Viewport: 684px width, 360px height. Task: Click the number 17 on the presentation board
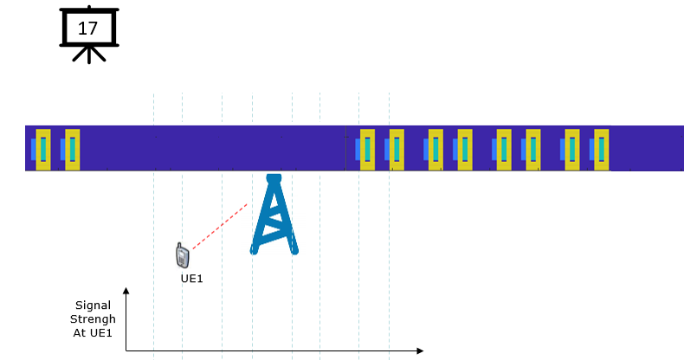87,29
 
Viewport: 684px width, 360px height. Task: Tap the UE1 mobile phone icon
183,255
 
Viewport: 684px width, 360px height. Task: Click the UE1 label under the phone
192,279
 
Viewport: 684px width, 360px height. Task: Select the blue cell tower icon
274,214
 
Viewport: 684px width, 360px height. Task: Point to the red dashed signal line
220,226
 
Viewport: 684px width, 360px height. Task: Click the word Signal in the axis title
93,305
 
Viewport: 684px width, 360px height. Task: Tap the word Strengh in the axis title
93,319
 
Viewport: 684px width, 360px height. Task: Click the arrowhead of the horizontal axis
420,350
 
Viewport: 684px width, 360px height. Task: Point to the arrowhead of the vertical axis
126,291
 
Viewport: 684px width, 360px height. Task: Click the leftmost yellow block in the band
43,150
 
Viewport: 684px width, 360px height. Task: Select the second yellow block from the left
73,150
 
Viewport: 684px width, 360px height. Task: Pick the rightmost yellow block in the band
602,150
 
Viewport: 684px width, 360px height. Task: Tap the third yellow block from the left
367,150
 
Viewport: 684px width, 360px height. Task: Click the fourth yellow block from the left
397,150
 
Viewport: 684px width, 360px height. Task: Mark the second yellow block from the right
572,150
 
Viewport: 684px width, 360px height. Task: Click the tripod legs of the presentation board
89,54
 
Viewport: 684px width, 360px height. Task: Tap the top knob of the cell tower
274,177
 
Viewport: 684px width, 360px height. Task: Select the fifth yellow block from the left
436,150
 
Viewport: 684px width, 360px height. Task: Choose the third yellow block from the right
533,150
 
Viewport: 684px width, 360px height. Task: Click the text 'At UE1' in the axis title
93,333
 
